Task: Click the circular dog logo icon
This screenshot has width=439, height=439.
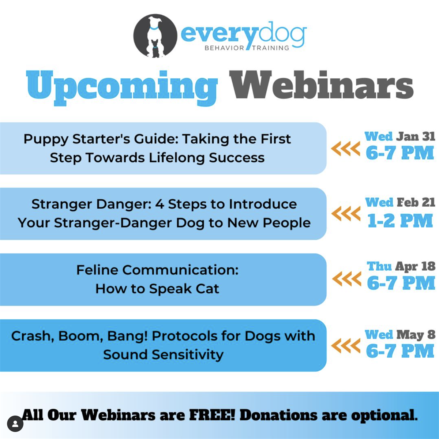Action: tap(155, 36)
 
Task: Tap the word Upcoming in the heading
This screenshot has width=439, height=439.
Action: tap(122, 86)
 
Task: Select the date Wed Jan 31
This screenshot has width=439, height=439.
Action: tap(400, 136)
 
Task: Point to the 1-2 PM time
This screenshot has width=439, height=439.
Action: tap(400, 221)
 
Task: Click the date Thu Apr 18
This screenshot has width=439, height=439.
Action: tap(401, 266)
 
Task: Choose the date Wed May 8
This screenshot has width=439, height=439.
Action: tap(400, 334)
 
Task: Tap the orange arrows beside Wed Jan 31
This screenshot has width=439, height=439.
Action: tap(345, 149)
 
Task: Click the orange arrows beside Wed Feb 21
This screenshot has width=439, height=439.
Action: tap(345, 214)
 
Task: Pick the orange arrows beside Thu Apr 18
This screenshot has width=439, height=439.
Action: tap(346, 279)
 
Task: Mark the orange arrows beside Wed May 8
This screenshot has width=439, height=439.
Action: tap(345, 346)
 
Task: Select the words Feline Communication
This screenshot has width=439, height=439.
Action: tap(157, 270)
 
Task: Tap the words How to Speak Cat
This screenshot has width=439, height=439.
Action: tap(157, 289)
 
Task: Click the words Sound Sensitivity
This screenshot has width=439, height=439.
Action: tap(163, 354)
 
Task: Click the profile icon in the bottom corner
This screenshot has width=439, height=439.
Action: tap(15, 424)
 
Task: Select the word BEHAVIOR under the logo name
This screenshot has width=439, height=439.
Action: tap(224, 48)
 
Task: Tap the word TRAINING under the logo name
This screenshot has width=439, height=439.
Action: tap(270, 48)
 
